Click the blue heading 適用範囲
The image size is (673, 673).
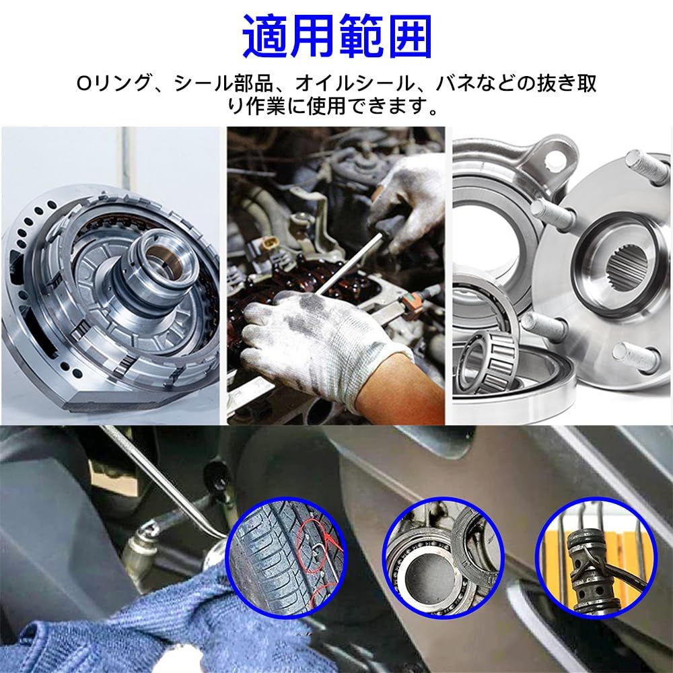point(337,37)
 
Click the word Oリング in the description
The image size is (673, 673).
point(114,83)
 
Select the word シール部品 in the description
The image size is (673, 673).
point(223,83)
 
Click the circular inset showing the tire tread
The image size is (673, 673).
point(286,557)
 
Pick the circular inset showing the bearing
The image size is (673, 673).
point(444,557)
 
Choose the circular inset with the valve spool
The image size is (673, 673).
point(596,557)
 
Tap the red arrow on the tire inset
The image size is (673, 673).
point(331,543)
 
